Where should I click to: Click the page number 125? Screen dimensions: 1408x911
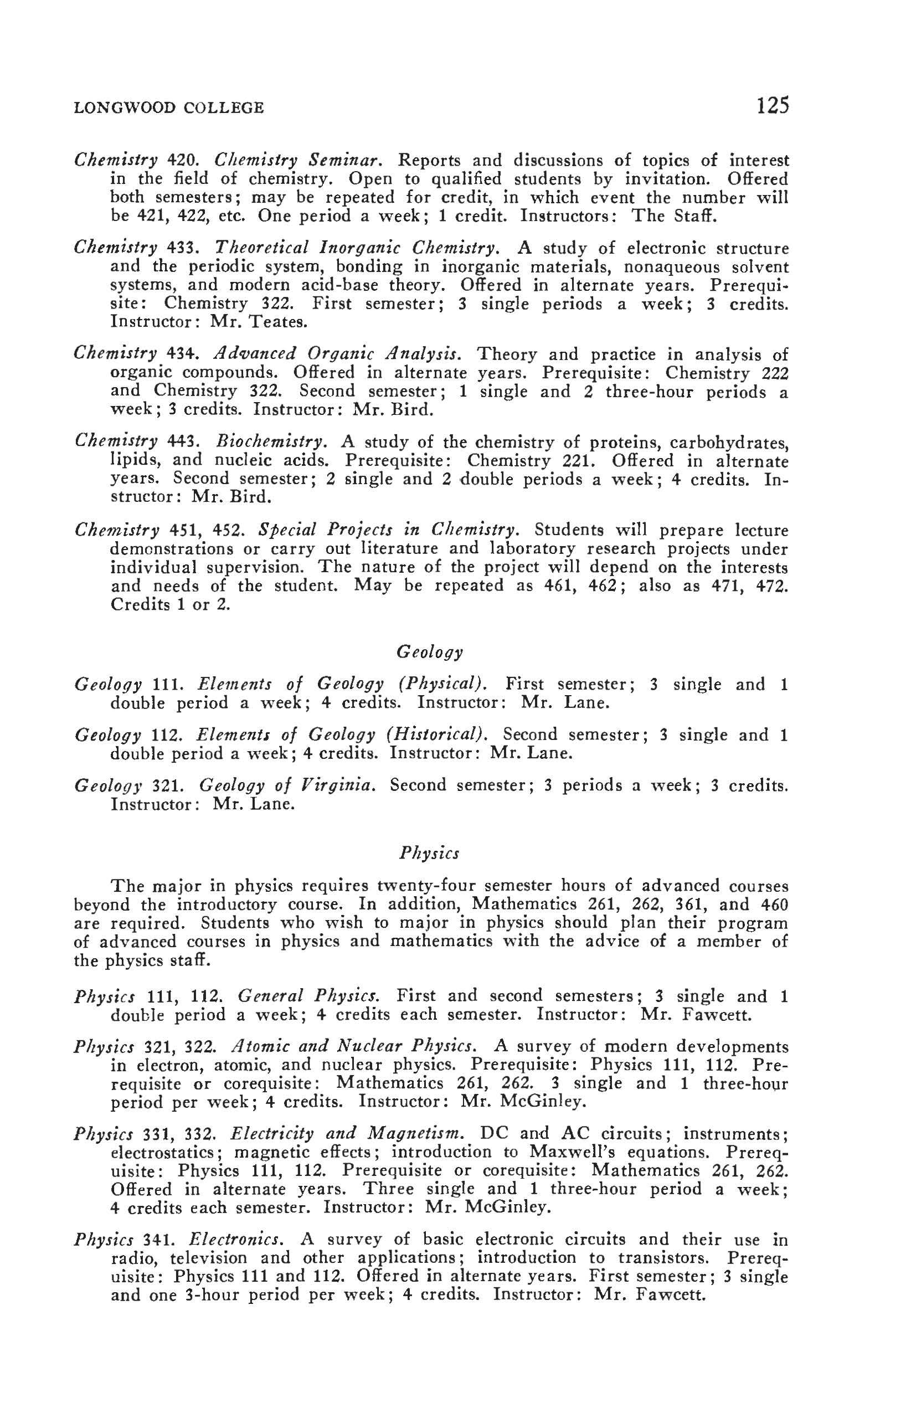pyautogui.click(x=773, y=106)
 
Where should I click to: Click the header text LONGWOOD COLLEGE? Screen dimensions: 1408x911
pyautogui.click(x=168, y=107)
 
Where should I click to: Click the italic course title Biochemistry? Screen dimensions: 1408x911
pyautogui.click(x=271, y=441)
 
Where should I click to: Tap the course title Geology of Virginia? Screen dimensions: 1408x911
pyautogui.click(x=287, y=785)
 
